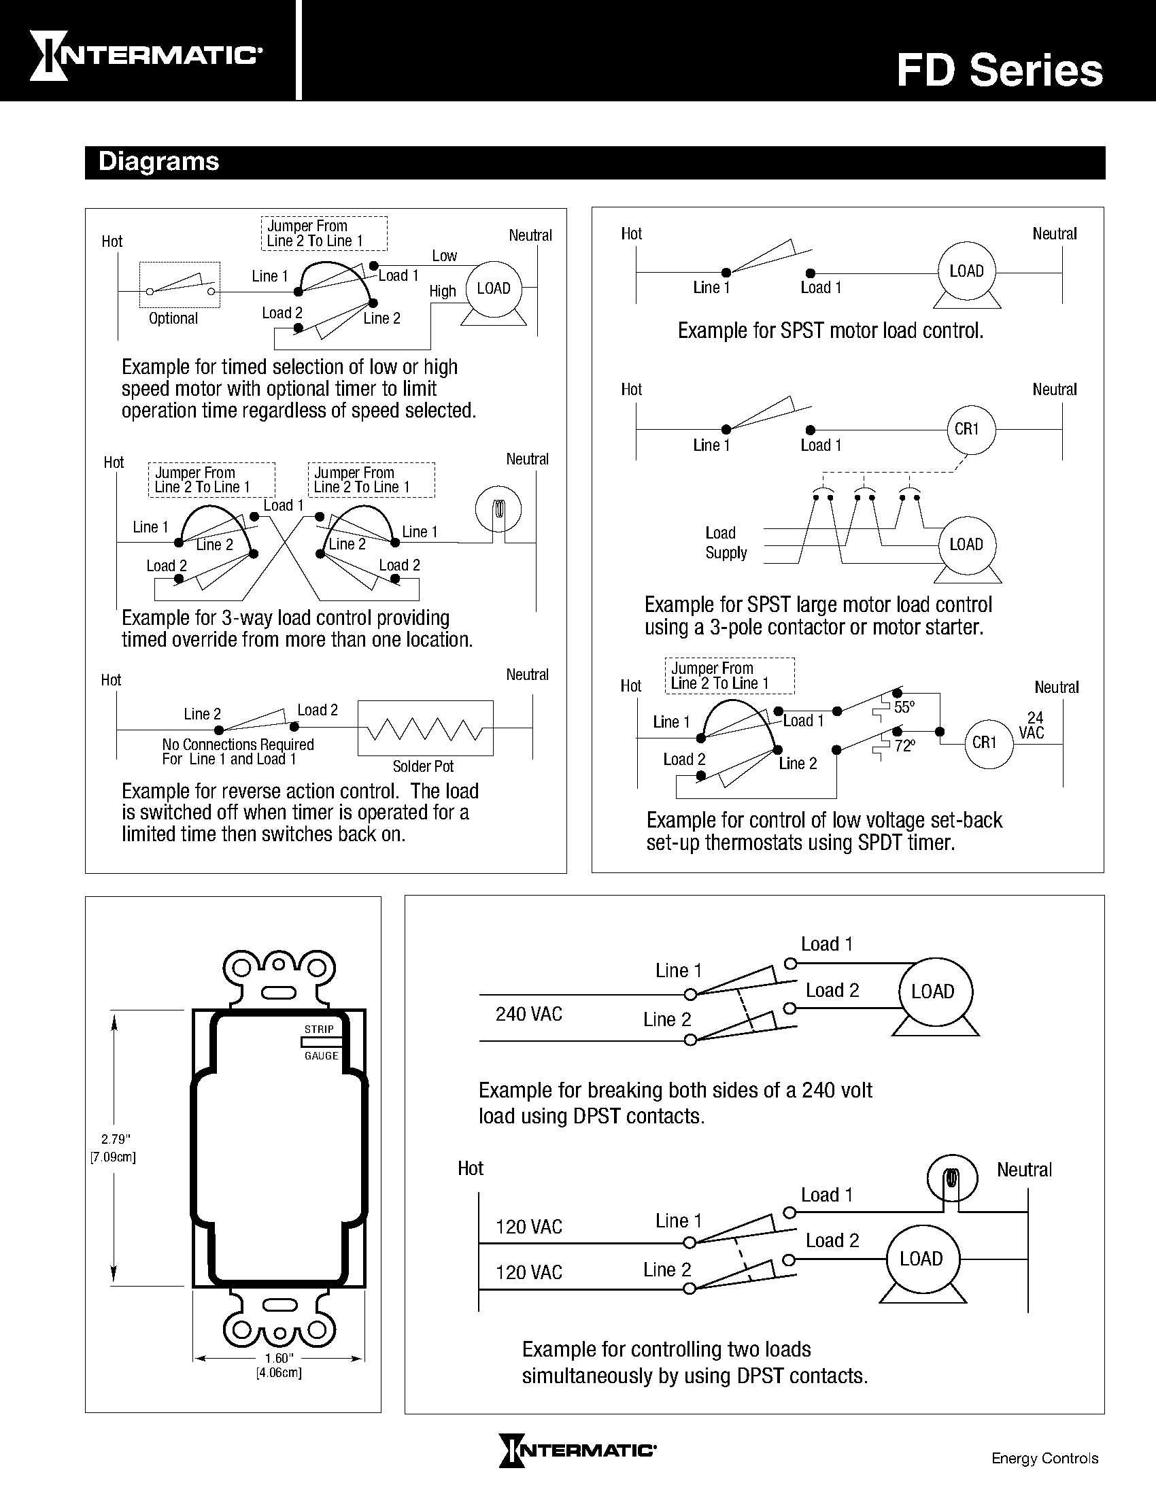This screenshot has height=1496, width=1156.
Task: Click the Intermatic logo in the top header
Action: (146, 56)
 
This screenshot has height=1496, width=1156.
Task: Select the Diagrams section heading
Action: (158, 162)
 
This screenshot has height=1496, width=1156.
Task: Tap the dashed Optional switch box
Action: (180, 284)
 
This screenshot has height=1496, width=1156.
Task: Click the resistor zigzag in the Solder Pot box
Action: (425, 729)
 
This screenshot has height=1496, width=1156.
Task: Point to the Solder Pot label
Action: (422, 766)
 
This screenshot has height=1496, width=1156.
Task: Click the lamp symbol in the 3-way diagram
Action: (498, 509)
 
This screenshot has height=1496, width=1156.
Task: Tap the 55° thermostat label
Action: (904, 707)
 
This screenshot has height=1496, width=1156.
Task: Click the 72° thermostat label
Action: (904, 745)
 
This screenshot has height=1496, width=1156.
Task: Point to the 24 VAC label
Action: (1033, 726)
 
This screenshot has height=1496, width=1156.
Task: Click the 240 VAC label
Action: (528, 1014)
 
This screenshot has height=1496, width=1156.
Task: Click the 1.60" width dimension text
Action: (279, 1359)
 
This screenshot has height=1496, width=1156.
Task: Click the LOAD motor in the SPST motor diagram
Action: (966, 271)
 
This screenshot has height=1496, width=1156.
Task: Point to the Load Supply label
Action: (725, 543)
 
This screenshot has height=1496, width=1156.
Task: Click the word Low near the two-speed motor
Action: (444, 256)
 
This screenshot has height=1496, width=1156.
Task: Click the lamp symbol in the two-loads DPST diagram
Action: (951, 1180)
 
